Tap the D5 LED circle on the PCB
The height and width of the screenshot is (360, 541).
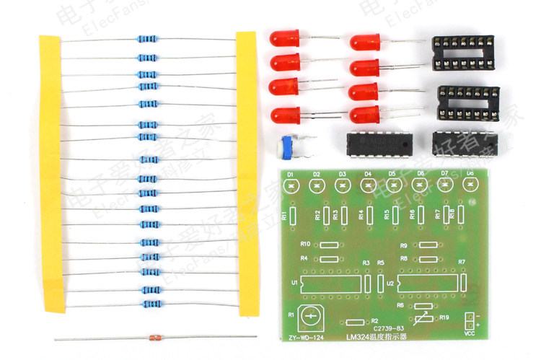(392, 186)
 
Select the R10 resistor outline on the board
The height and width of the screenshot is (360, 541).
(329, 245)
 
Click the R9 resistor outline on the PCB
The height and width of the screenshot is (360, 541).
(428, 245)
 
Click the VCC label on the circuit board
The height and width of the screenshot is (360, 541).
(470, 333)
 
